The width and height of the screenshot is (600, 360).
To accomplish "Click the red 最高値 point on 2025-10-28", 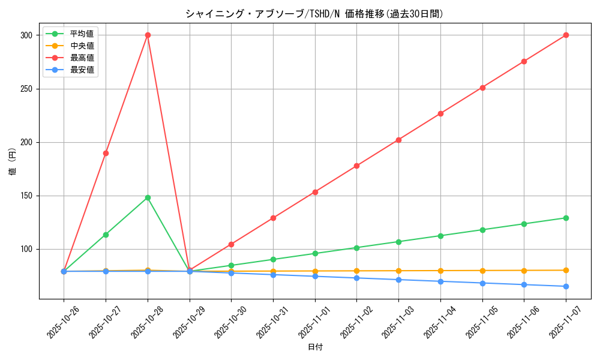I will [148, 35].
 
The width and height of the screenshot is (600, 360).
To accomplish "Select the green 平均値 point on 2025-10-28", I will [148, 197].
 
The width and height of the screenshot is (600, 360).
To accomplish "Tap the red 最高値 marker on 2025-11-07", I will [566, 35].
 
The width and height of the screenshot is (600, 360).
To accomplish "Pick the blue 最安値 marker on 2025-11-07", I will [566, 286].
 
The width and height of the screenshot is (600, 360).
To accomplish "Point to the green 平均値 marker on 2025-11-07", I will [566, 218].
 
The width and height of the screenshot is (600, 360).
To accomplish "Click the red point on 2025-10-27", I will [106, 153].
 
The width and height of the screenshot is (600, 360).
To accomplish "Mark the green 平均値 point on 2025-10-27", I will [106, 235].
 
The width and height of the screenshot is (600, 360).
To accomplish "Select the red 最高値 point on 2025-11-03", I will [398, 140].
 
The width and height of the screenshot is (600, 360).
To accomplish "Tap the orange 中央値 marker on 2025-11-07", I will [566, 270].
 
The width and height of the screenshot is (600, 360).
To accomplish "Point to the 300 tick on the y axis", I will [26, 35].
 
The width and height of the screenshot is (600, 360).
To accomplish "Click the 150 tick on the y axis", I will [26, 196].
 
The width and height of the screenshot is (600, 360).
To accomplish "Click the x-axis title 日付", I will [315, 347].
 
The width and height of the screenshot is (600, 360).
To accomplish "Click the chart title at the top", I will [315, 14].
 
